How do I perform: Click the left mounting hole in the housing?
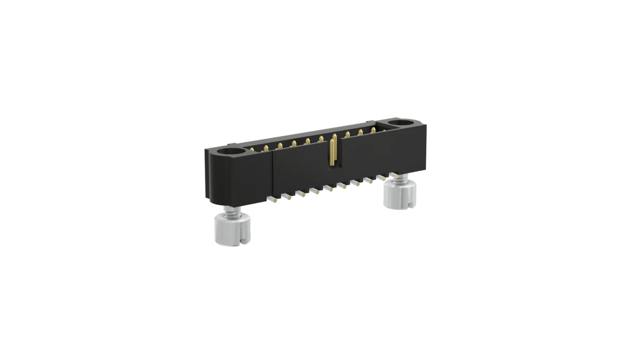pyautogui.click(x=230, y=150)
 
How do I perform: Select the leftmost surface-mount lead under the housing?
pyautogui.click(x=272, y=198)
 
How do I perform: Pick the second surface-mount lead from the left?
pyautogui.click(x=287, y=196)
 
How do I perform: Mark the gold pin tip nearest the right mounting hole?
pyautogui.click(x=375, y=130)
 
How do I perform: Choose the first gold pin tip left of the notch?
pyautogui.click(x=321, y=139)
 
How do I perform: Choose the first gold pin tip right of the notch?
pyautogui.click(x=347, y=134)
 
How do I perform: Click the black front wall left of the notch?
pyautogui.click(x=298, y=172)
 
